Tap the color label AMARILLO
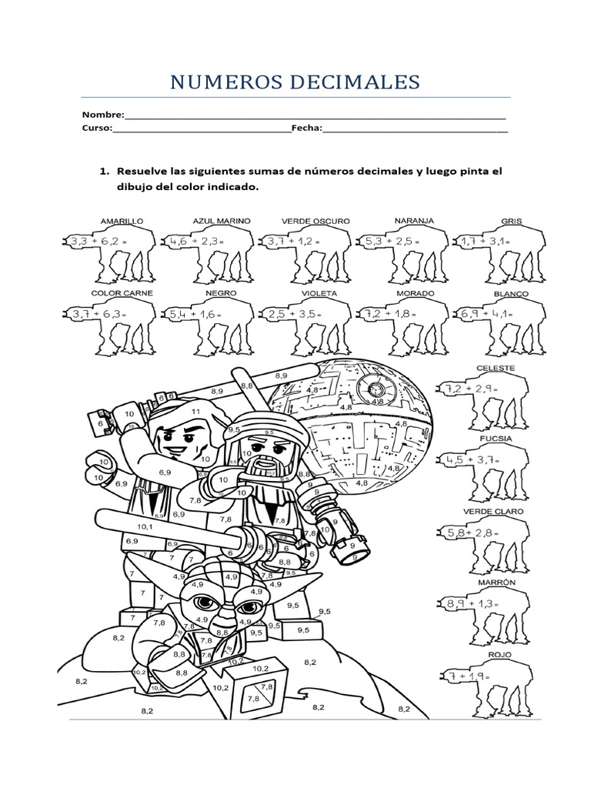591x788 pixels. click(122, 221)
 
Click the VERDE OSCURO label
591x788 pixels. click(316, 221)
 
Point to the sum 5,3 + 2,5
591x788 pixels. click(394, 241)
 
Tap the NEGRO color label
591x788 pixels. click(221, 293)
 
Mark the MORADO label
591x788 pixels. click(415, 293)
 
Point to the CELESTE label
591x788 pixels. click(496, 368)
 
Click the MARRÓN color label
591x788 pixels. click(496, 583)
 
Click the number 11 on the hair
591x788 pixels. click(195, 412)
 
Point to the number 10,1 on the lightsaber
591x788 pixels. click(146, 527)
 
